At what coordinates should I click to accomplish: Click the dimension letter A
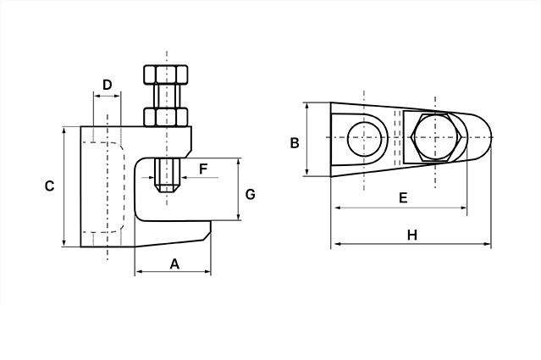point(174,263)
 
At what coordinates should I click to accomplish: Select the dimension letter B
point(295,142)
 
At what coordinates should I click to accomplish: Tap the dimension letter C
point(49,186)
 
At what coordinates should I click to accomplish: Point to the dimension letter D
point(107,84)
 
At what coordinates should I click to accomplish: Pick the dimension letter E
point(403,197)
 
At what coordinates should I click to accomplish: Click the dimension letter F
point(203,169)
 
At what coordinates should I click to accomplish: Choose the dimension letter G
point(250,194)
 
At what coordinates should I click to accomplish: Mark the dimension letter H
point(411,235)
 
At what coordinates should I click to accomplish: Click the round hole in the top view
point(363,139)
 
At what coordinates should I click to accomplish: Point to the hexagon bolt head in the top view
point(434,139)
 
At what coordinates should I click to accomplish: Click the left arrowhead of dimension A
point(138,272)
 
